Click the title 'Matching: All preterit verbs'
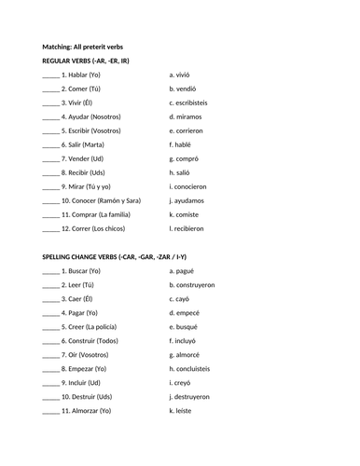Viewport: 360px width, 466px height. click(x=82, y=47)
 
